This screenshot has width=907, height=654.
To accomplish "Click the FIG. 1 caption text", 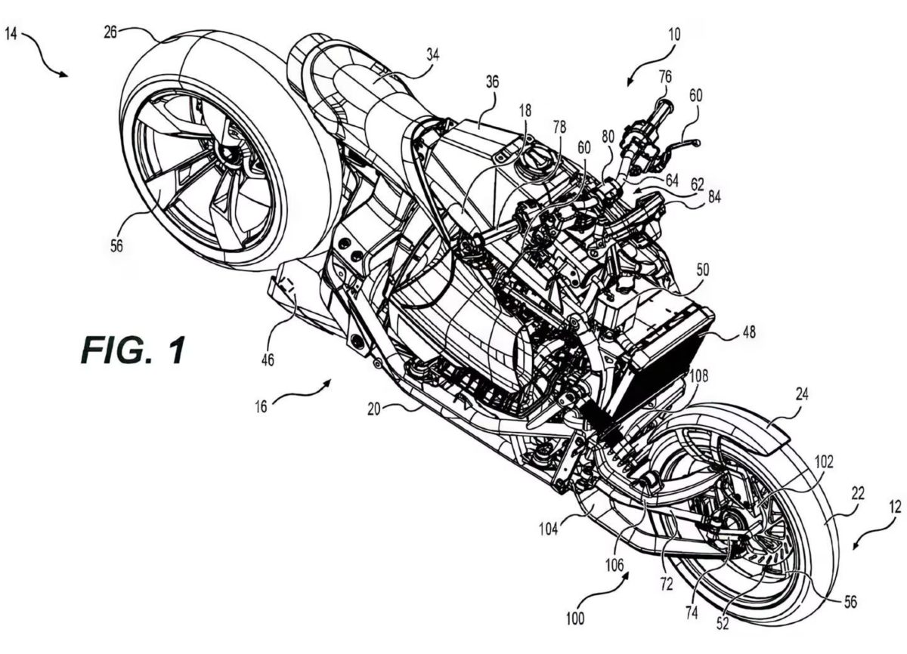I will tap(132, 352).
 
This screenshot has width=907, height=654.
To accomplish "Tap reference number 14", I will tap(13, 35).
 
